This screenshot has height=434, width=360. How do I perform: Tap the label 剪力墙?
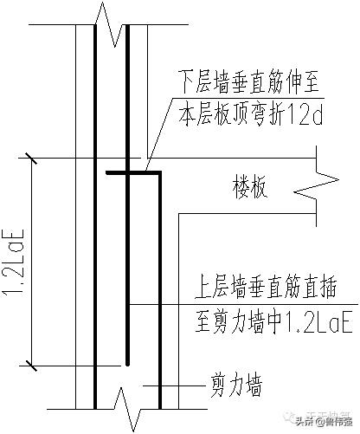coord(236,382)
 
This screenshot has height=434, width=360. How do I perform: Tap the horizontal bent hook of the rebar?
coord(134,173)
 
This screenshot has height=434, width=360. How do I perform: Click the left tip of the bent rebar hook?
coord(108,173)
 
